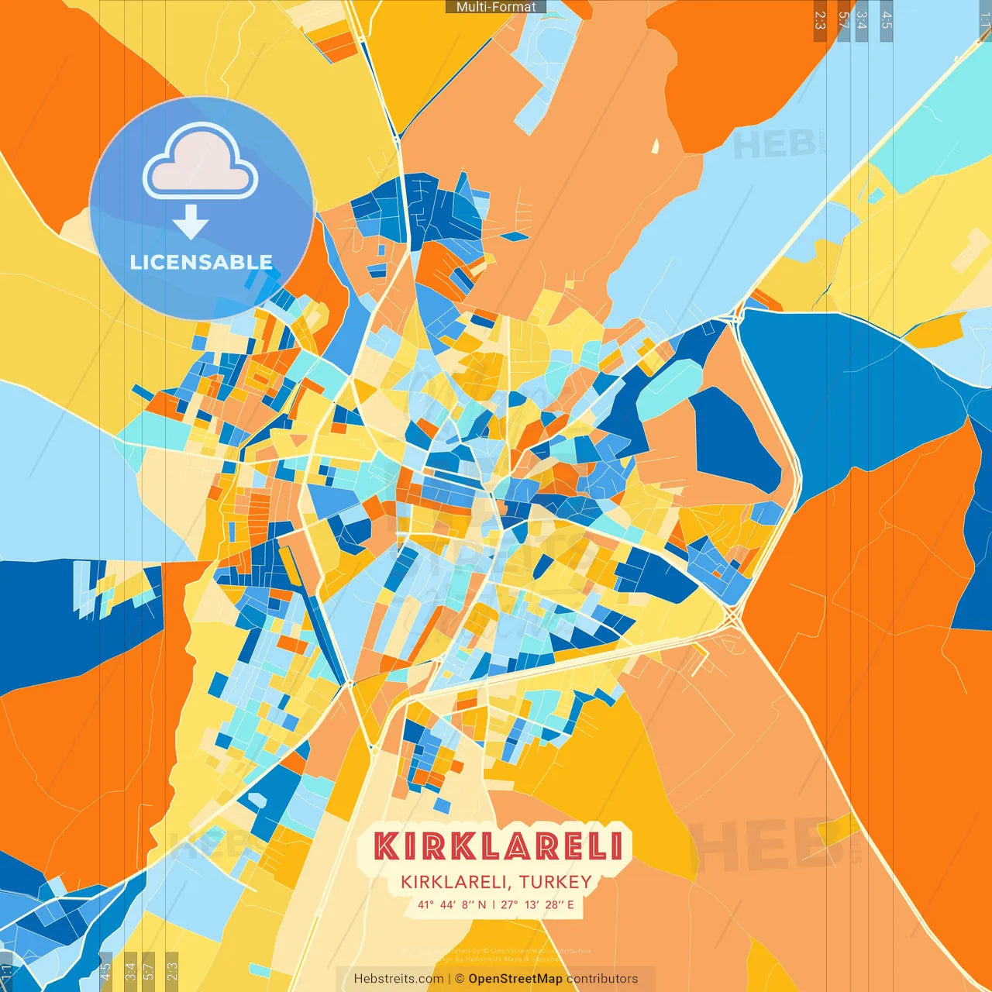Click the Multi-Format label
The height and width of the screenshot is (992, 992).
[x=496, y=7]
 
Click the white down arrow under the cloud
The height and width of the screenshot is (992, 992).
[x=191, y=221]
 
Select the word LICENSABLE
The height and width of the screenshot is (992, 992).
[x=201, y=262]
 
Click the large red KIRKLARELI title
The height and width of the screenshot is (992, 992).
[x=498, y=846]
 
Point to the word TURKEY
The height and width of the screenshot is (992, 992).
[x=556, y=882]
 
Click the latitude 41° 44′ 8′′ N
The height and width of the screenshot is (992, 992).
[x=452, y=904]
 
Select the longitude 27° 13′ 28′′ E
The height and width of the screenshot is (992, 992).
[x=537, y=904]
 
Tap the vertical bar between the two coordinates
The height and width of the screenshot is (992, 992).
[x=494, y=904]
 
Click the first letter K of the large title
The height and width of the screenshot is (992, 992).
[x=386, y=846]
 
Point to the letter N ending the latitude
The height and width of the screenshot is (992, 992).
[x=482, y=904]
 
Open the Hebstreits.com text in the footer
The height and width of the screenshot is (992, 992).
[x=398, y=979]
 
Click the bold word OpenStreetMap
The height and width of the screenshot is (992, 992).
[x=515, y=979]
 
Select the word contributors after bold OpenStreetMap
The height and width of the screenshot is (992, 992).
[x=602, y=979]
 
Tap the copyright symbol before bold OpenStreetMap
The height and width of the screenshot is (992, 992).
[x=460, y=979]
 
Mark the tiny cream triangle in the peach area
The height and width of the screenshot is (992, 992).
[x=655, y=146]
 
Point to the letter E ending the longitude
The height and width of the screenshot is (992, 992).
[x=570, y=904]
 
